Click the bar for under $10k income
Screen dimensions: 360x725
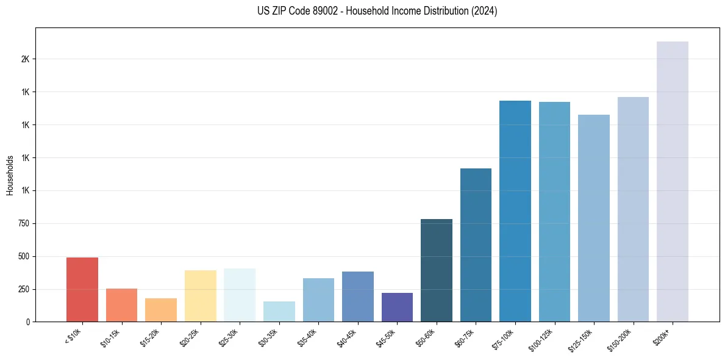(82, 289)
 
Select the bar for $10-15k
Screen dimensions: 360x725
(121, 305)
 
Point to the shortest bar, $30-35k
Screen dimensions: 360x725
(279, 311)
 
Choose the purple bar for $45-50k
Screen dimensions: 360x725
(397, 307)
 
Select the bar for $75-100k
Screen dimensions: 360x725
(515, 211)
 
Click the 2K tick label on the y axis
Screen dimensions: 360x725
(25, 59)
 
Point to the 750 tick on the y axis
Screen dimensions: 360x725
(23, 223)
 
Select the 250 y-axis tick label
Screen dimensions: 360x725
(23, 289)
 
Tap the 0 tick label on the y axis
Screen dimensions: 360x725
(28, 322)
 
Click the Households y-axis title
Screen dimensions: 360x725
(10, 175)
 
